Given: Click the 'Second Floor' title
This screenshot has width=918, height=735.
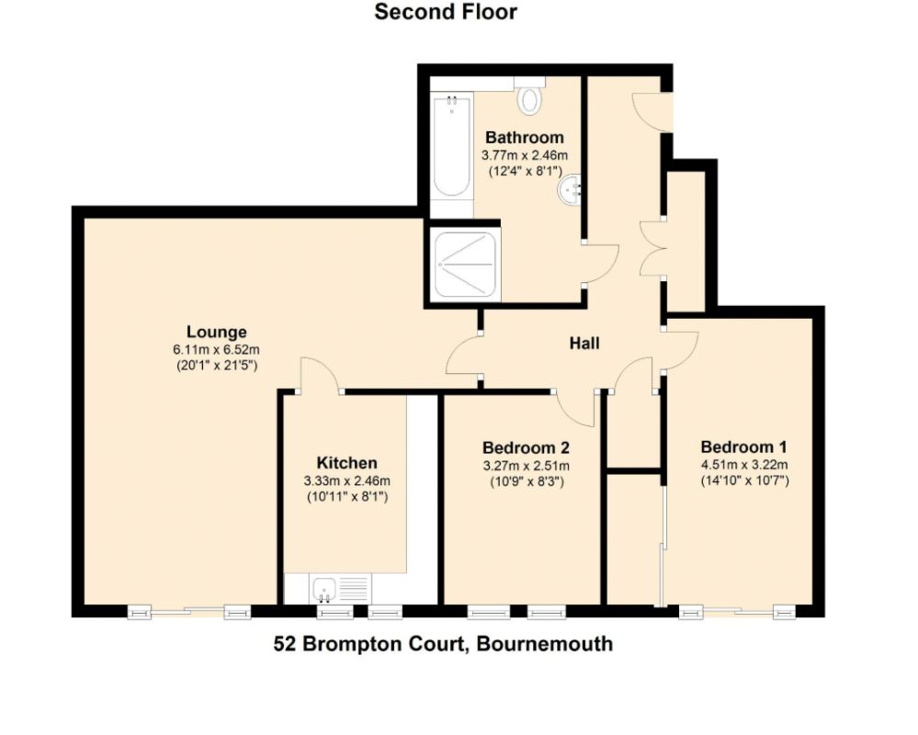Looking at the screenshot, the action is click(446, 12).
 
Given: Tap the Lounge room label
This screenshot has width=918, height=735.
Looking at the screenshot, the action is click(216, 332).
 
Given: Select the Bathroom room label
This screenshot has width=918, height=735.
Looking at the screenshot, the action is click(525, 138).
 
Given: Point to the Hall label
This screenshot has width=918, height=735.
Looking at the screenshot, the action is click(584, 343).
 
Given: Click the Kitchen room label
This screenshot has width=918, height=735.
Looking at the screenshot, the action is click(346, 463).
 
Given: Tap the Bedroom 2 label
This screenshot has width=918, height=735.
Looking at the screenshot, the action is click(526, 447).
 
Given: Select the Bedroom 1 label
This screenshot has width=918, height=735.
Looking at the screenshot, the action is click(743, 447).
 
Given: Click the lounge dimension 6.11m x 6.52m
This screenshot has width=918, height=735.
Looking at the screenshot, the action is click(216, 350).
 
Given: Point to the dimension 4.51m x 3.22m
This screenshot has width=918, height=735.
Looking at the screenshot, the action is click(744, 465).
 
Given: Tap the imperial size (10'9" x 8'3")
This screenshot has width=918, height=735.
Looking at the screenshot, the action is click(527, 481).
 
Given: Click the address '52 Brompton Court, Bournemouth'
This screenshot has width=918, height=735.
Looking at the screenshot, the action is click(443, 644).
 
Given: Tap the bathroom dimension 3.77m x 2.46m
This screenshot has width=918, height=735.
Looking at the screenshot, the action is click(525, 155).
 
